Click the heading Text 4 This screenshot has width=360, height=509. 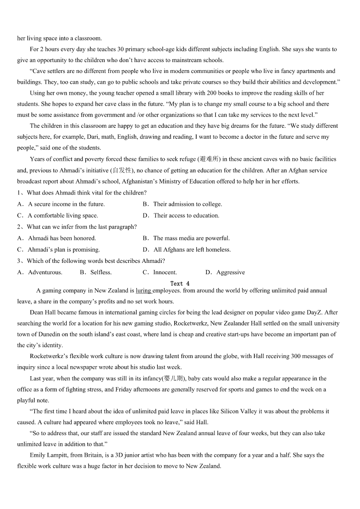point(180,284)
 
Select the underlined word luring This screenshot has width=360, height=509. point(143,291)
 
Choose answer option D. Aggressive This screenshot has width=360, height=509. point(225,272)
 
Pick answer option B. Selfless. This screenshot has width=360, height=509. point(96,272)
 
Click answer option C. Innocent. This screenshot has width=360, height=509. point(160,272)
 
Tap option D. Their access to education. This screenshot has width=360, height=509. point(181,216)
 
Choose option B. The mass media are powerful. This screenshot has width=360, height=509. point(186,238)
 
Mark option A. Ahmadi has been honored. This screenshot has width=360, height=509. point(57,238)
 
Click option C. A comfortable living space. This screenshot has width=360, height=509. point(58,216)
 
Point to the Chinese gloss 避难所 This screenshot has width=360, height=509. point(209,159)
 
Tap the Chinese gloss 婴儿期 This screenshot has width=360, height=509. point(174,378)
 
